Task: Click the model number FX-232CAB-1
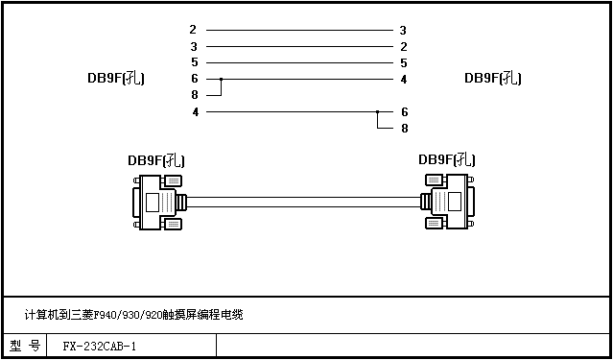(x=100, y=347)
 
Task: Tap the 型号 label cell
(x=25, y=346)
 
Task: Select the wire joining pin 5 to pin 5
(x=299, y=62)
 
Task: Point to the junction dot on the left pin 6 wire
(x=221, y=79)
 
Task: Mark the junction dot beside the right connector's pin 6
(x=377, y=112)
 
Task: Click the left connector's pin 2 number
(x=193, y=30)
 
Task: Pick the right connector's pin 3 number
(x=403, y=30)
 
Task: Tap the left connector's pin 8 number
(x=195, y=95)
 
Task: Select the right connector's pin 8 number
(x=405, y=129)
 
